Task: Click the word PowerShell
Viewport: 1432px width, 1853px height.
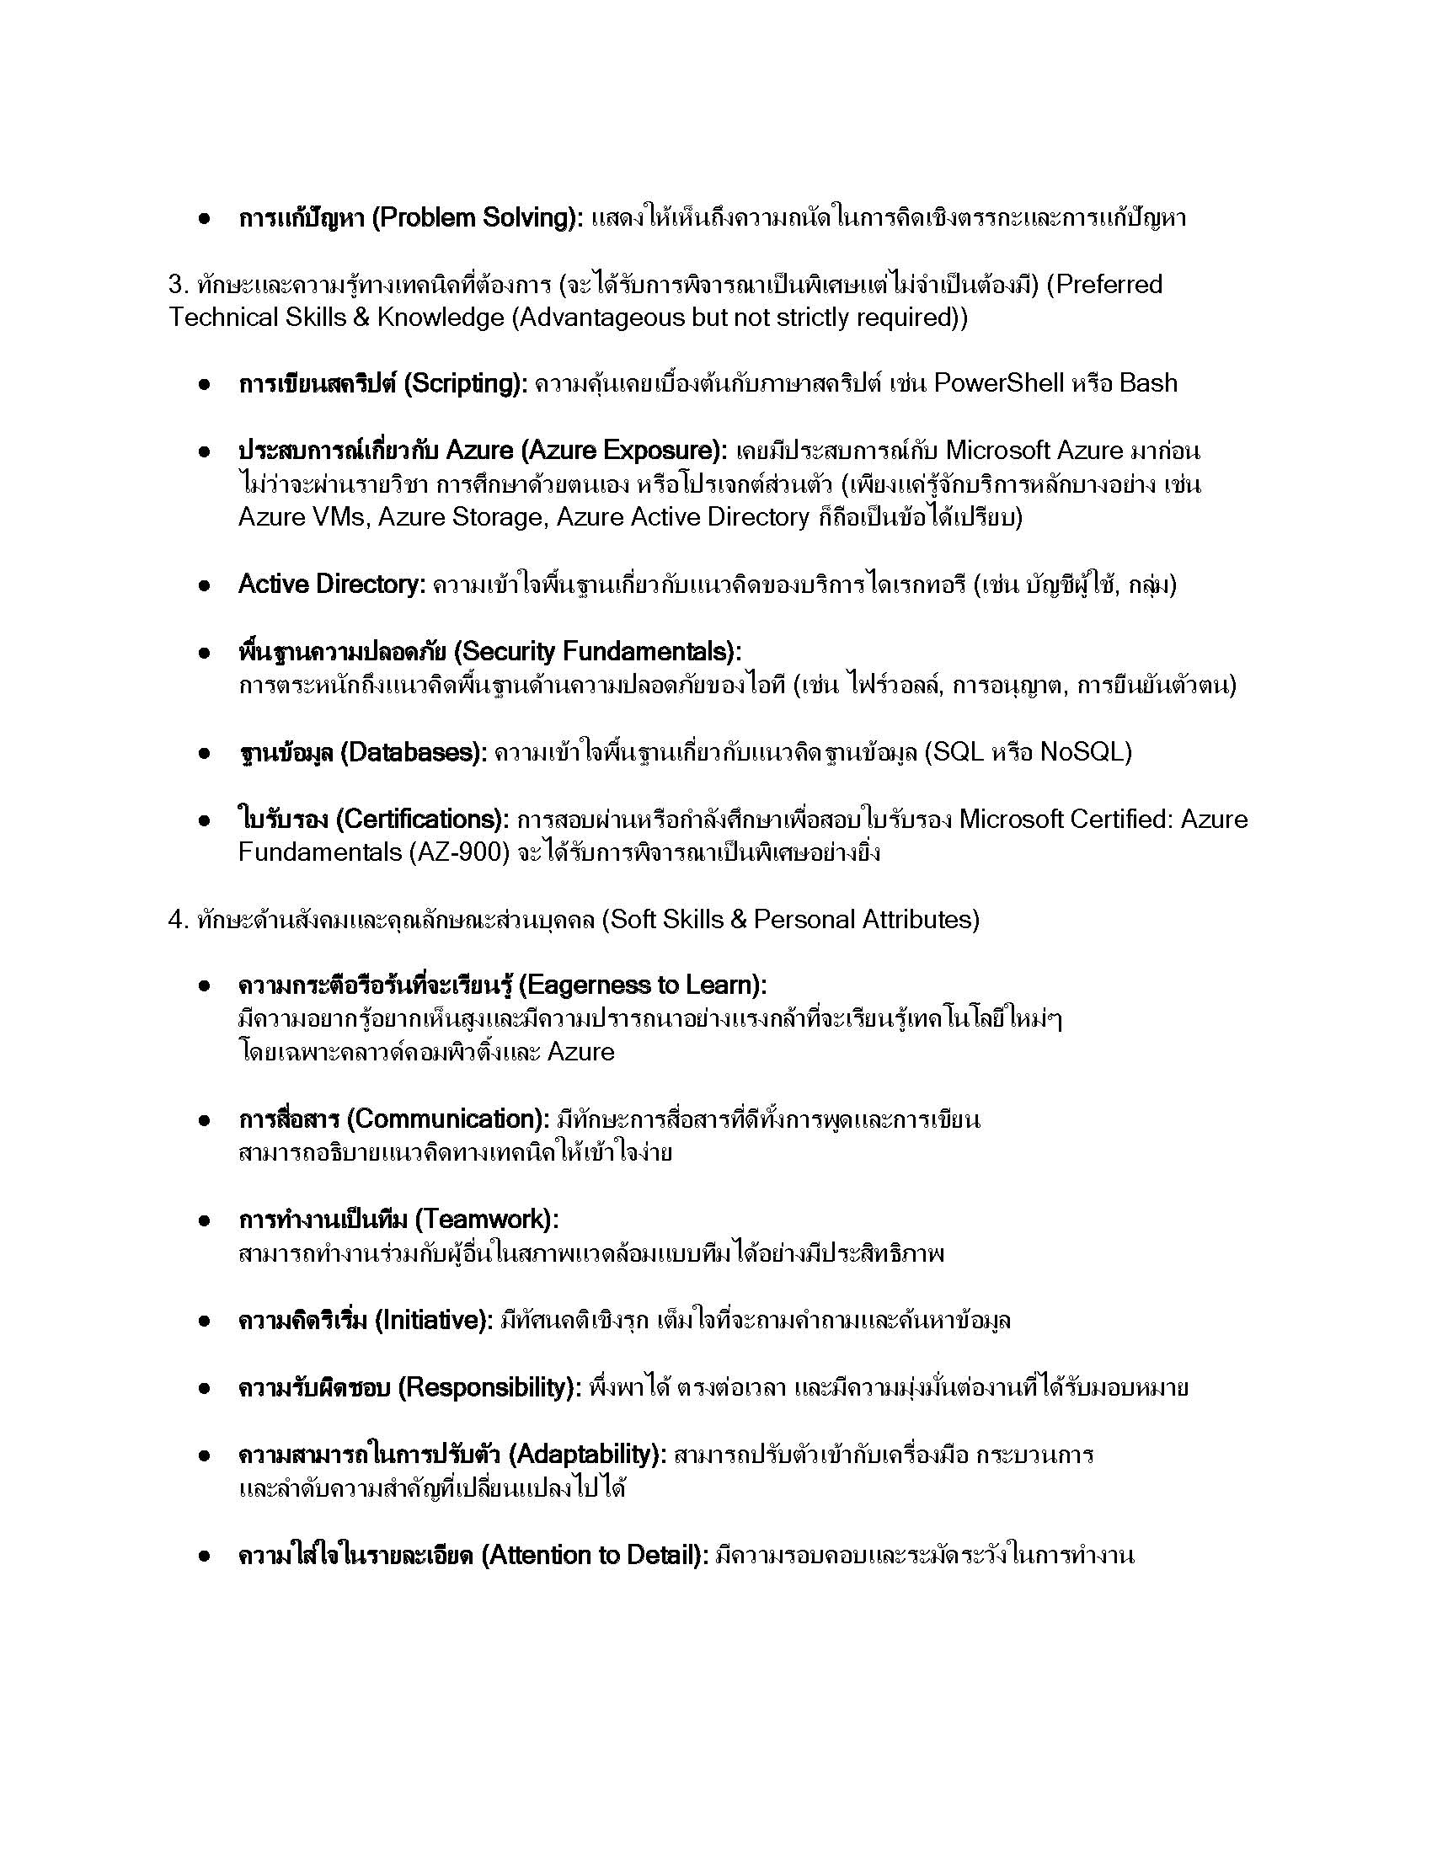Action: pyautogui.click(x=998, y=383)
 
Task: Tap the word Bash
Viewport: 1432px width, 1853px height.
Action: pyautogui.click(x=1148, y=383)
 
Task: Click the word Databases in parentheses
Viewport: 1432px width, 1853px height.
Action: pyautogui.click(x=411, y=752)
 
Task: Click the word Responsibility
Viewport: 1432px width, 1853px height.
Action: pyautogui.click(x=487, y=1388)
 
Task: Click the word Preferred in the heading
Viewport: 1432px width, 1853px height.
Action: pyautogui.click(x=1110, y=284)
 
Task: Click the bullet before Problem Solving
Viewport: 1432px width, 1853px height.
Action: pyautogui.click(x=204, y=219)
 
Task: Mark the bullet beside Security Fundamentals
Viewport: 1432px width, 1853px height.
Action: pyautogui.click(x=204, y=654)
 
